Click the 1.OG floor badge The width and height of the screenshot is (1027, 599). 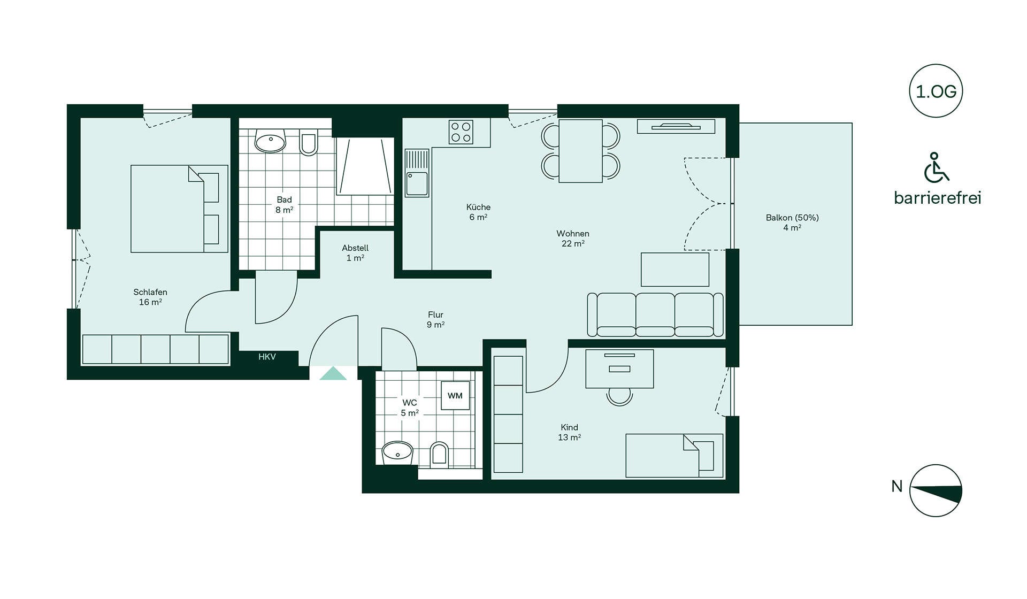pyautogui.click(x=936, y=91)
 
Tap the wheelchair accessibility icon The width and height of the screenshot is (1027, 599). pyautogui.click(x=937, y=167)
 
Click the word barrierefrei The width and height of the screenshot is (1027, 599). pyautogui.click(x=938, y=198)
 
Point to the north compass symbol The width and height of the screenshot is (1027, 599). pyautogui.click(x=936, y=490)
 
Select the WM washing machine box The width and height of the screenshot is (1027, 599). pyautogui.click(x=455, y=396)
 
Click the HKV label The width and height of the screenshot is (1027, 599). pyautogui.click(x=267, y=357)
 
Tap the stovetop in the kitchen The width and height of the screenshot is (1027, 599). pyautogui.click(x=461, y=132)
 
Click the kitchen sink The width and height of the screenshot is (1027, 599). pyautogui.click(x=417, y=173)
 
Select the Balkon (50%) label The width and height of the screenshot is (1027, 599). pyautogui.click(x=792, y=222)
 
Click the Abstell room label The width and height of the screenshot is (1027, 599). pyautogui.click(x=355, y=253)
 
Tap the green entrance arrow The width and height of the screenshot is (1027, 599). pyautogui.click(x=333, y=373)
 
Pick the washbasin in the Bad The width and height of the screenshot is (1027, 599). pyautogui.click(x=271, y=142)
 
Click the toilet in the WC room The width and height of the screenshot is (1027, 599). pyautogui.click(x=439, y=455)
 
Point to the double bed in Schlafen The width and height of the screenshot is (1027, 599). pyautogui.click(x=179, y=209)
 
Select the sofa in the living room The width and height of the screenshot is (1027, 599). pyautogui.click(x=655, y=314)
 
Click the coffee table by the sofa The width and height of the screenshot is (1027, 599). pyautogui.click(x=675, y=270)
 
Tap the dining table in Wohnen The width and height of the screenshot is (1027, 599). pyautogui.click(x=580, y=151)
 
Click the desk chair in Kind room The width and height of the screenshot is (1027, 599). pyautogui.click(x=620, y=396)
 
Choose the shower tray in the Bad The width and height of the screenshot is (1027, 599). pyautogui.click(x=365, y=166)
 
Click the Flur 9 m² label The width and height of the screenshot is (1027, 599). pyautogui.click(x=436, y=320)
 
